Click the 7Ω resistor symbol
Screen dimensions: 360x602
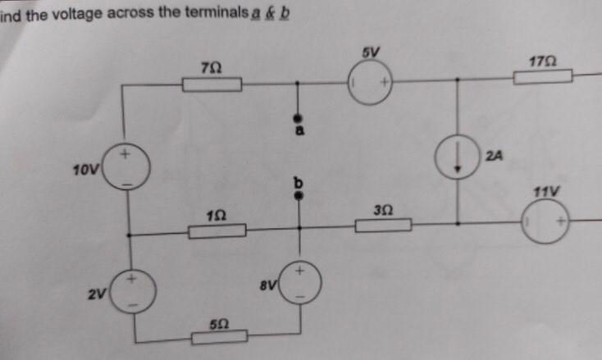(212, 84)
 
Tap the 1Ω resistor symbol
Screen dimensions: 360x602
(217, 232)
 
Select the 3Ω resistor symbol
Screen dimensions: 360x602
(383, 225)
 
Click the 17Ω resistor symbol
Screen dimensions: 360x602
(542, 77)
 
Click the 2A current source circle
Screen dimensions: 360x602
(458, 156)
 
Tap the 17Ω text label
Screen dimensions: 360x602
(543, 61)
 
